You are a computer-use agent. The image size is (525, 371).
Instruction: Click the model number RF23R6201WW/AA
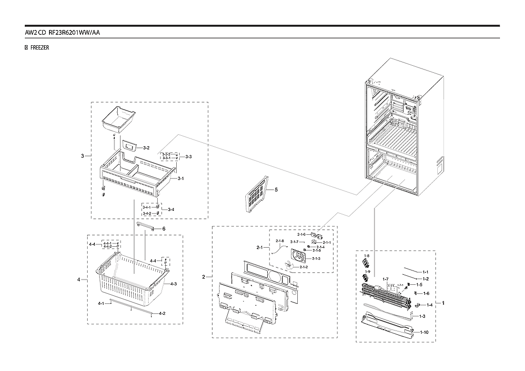click(x=74, y=32)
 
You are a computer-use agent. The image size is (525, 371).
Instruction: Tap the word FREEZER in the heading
click(x=40, y=48)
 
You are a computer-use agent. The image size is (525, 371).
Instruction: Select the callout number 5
click(x=276, y=190)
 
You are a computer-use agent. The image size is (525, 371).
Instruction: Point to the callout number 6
click(x=163, y=229)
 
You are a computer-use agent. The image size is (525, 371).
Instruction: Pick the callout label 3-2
click(x=146, y=148)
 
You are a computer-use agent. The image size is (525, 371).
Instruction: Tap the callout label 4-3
click(x=173, y=284)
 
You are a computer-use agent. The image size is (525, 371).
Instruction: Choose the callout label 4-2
click(x=162, y=313)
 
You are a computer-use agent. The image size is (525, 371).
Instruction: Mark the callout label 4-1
click(x=101, y=303)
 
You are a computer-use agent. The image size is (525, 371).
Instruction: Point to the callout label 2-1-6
click(x=302, y=234)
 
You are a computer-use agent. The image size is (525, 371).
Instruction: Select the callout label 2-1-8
click(x=280, y=241)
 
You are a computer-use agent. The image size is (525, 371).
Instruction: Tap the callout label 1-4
click(x=429, y=305)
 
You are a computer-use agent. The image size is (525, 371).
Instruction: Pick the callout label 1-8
click(x=366, y=256)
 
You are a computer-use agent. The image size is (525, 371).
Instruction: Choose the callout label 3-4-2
click(x=147, y=213)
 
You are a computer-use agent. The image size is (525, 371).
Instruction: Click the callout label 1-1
click(x=425, y=271)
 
